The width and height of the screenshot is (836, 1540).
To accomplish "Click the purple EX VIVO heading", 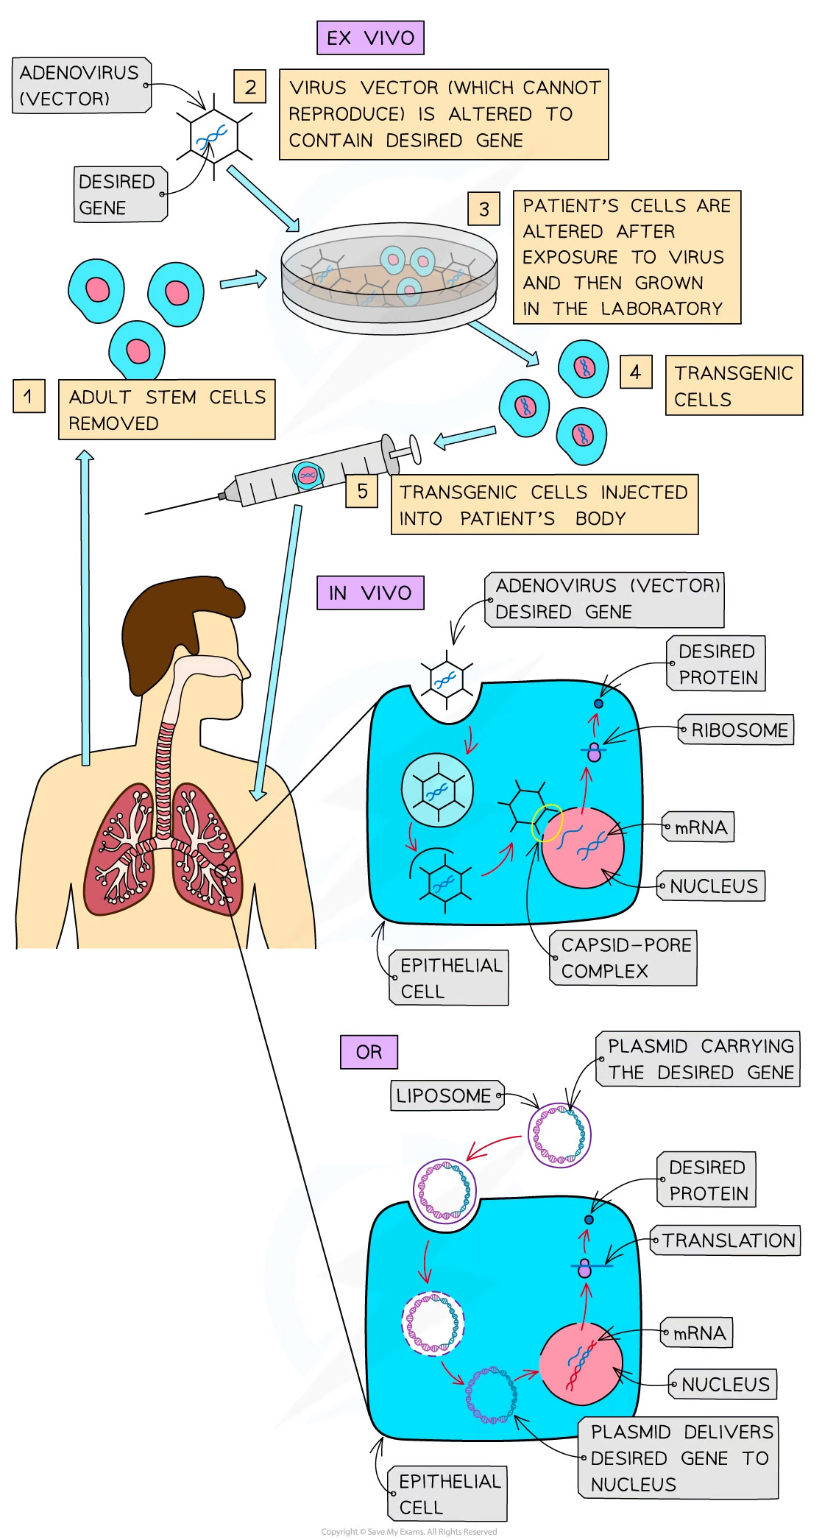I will pyautogui.click(x=370, y=38).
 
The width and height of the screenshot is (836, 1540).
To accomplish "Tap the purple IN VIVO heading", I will pyautogui.click(x=370, y=593).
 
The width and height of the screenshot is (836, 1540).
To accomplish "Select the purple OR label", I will pyautogui.click(x=369, y=1052).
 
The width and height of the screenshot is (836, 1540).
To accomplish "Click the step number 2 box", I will pyautogui.click(x=250, y=87).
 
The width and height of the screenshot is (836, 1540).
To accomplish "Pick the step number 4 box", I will pyautogui.click(x=635, y=372).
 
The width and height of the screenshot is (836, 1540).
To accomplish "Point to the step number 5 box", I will pyautogui.click(x=362, y=492).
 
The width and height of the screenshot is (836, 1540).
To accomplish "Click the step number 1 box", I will pyautogui.click(x=29, y=397).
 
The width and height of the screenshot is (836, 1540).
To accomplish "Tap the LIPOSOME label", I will pyautogui.click(x=445, y=1095).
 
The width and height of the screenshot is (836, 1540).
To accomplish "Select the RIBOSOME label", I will pyautogui.click(x=737, y=730).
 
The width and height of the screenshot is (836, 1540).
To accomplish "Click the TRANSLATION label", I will pyautogui.click(x=727, y=1240).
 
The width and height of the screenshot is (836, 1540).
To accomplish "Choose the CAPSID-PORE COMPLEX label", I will pyautogui.click(x=624, y=958).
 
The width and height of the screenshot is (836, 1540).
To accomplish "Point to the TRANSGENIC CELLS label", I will pyautogui.click(x=733, y=386).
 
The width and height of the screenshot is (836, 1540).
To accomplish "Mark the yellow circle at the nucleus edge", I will pyautogui.click(x=548, y=822).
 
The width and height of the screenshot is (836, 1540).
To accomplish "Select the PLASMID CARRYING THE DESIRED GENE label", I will pyautogui.click(x=699, y=1059).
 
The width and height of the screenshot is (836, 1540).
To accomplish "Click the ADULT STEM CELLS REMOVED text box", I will pyautogui.click(x=166, y=410).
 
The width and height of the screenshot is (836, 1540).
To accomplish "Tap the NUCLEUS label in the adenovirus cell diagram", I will pyautogui.click(x=712, y=886).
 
